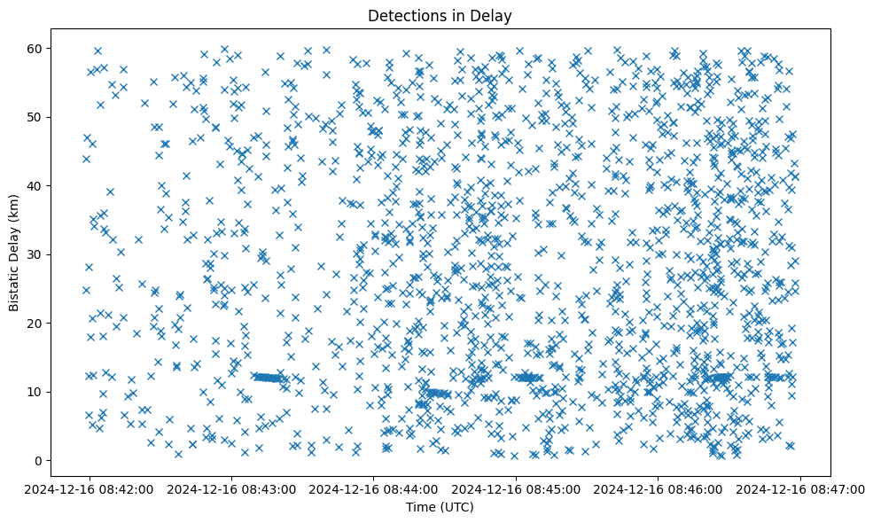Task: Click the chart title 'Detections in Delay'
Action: (x=440, y=16)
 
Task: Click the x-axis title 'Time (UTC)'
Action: (x=440, y=508)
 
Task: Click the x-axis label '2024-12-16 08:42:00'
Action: (x=89, y=488)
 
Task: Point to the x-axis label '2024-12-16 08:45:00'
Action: (x=516, y=488)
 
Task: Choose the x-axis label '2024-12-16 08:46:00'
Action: (x=659, y=488)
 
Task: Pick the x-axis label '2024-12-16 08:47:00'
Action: (x=801, y=488)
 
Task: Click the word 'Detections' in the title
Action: (x=402, y=16)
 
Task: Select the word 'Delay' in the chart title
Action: (x=495, y=16)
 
